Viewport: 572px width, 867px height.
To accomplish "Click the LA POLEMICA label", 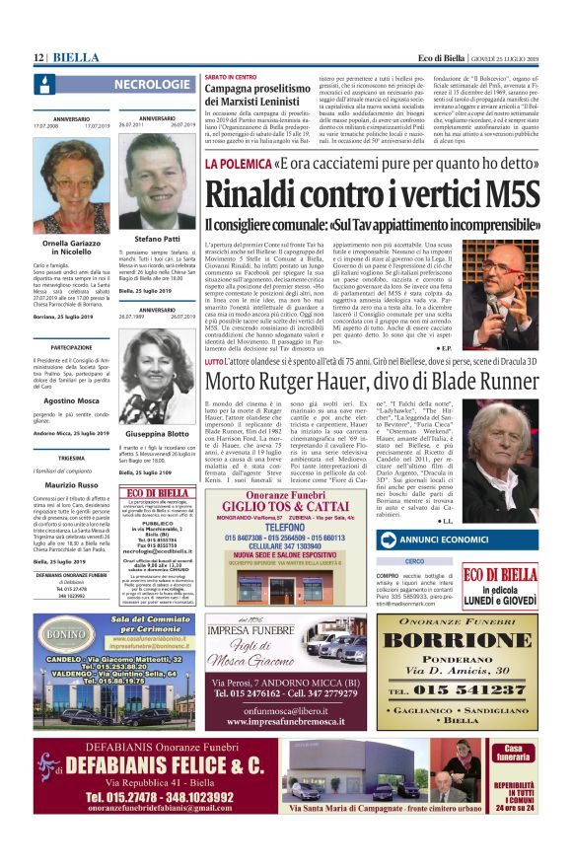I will (x=237, y=163).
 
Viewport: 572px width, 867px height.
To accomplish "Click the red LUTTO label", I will (x=213, y=363).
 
